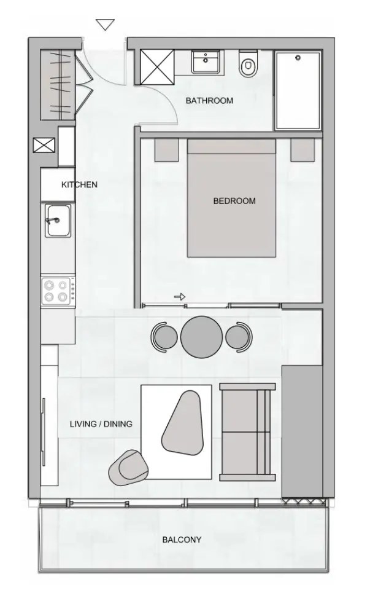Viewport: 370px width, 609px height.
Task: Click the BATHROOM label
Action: pos(209,101)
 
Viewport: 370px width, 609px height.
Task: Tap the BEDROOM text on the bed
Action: pos(234,201)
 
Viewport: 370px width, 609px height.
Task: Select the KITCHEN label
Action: pos(79,184)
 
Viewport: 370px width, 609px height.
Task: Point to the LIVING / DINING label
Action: pos(101,424)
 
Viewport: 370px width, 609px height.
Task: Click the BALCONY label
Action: pos(182,540)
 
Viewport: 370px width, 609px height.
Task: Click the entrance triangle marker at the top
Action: pos(106,25)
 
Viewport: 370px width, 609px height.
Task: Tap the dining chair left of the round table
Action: pos(164,337)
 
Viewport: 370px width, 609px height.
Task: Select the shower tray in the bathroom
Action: pos(298,90)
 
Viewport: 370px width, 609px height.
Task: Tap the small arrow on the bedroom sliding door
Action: pos(180,297)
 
